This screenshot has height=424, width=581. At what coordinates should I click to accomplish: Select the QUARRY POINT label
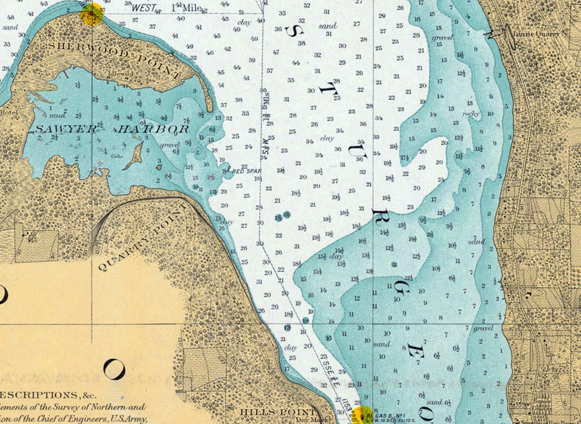[x=143, y=238]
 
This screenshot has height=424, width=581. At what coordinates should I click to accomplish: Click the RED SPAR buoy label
[x=247, y=171]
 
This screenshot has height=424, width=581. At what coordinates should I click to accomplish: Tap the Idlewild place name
[x=120, y=73]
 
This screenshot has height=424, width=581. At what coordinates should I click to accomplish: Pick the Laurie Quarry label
[x=536, y=34]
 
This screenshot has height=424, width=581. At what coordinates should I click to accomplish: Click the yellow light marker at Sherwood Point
[x=92, y=14]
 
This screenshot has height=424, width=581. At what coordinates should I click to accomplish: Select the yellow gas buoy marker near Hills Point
[x=363, y=415]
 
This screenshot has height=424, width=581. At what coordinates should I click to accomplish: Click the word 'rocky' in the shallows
[x=471, y=114]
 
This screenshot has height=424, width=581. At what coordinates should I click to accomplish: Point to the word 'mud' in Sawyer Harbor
[x=57, y=115]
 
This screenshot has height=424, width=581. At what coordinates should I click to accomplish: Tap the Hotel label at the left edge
[x=8, y=112]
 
